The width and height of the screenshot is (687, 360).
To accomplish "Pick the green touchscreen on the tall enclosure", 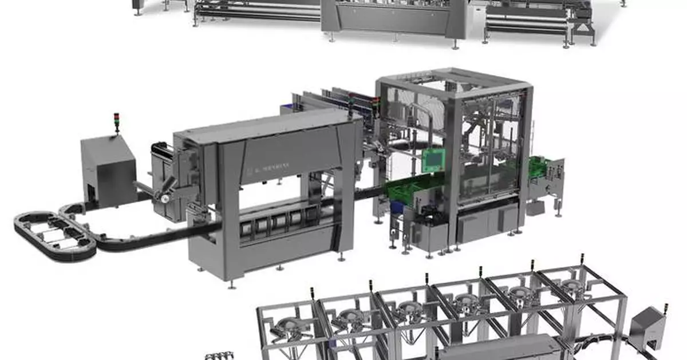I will (x=434, y=159).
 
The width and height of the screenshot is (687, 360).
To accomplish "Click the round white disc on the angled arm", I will (x=165, y=199).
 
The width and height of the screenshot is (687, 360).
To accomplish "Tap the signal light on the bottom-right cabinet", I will (x=666, y=304).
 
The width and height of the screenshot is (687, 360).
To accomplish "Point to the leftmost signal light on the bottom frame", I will (x=312, y=291).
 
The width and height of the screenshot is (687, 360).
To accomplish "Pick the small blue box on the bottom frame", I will (x=333, y=344).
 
